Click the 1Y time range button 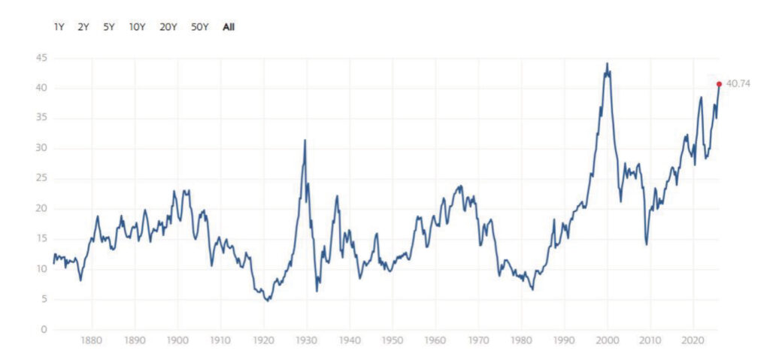(59, 27)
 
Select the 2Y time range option (83, 27)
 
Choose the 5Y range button (109, 27)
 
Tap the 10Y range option (137, 27)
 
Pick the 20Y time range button (168, 27)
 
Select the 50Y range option (199, 27)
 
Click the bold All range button (229, 27)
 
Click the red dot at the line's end (719, 83)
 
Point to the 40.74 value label (738, 83)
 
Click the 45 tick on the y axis (41, 58)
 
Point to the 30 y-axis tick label (41, 148)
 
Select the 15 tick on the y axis (41, 239)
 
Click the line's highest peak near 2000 (607, 64)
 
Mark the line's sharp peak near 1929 (305, 140)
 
